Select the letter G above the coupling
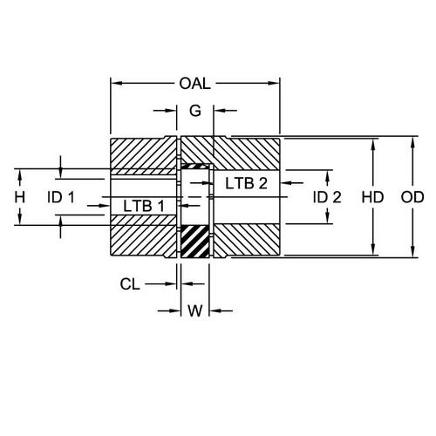point(194,111)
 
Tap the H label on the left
point(20,197)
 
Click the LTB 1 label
point(143,205)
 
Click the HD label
point(373,197)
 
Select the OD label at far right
point(412,197)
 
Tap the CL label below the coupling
point(132,283)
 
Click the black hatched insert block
point(195,241)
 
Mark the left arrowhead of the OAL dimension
point(114,84)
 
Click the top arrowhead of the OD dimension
point(412,140)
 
